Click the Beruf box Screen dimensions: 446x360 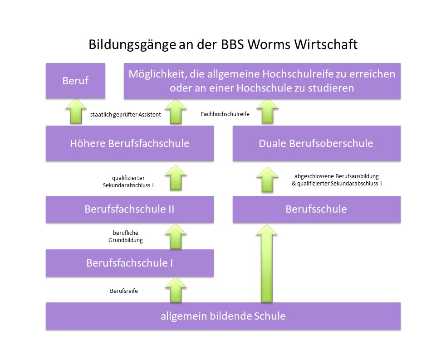[x=75, y=81]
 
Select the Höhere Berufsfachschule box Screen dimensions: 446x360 [x=130, y=143]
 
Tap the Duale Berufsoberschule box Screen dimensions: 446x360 [x=317, y=143]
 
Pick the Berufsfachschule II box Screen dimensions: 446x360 [x=130, y=209]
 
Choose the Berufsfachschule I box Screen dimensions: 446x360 [x=130, y=263]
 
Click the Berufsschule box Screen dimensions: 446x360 [x=317, y=209]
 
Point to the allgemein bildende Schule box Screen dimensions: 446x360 [x=223, y=316]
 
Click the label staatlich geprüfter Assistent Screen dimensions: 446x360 [x=125, y=115]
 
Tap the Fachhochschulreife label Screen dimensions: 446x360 [x=225, y=114]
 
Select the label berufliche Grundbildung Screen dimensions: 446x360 [x=125, y=236]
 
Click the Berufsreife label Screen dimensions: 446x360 [x=124, y=291]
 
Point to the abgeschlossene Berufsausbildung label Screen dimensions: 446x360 [x=337, y=176]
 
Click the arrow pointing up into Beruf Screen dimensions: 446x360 [x=76, y=111]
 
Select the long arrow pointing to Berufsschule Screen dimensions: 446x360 [x=266, y=263]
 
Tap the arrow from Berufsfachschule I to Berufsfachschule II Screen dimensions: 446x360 [x=176, y=236]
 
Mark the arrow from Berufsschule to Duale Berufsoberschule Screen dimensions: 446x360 [x=267, y=180]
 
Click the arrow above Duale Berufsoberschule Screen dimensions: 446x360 [x=267, y=111]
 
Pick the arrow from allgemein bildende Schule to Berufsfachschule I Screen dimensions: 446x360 [x=176, y=290]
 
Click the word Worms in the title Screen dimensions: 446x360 [x=270, y=44]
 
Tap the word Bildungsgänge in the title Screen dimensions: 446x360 [x=132, y=45]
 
